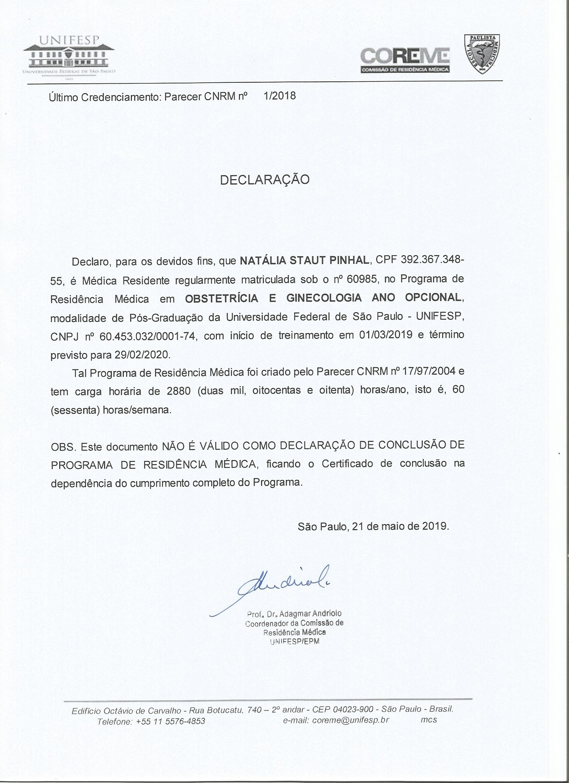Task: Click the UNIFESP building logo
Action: pyautogui.click(x=69, y=57)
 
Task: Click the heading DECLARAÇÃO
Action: pyautogui.click(x=265, y=180)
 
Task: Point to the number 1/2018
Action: pyautogui.click(x=279, y=96)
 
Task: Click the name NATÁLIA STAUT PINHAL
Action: pyautogui.click(x=304, y=260)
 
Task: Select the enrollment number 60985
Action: pyautogui.click(x=361, y=279)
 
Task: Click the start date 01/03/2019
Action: pyautogui.click(x=386, y=335)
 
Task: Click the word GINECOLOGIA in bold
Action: pyautogui.click(x=324, y=298)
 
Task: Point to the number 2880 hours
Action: pyautogui.click(x=178, y=391)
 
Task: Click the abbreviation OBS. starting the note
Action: pyautogui.click(x=63, y=447)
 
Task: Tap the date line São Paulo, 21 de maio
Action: pyautogui.click(x=373, y=526)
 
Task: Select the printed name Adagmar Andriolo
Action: pyautogui.click(x=310, y=614)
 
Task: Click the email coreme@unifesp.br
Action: pyautogui.click(x=350, y=720)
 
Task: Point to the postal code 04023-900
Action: pyautogui.click(x=353, y=709)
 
